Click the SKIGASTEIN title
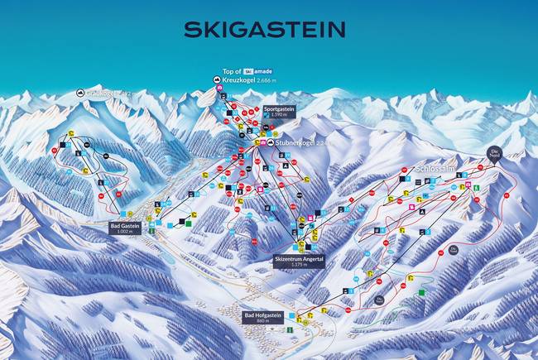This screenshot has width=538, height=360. point(264,30)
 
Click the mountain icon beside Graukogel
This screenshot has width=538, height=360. point(80,94)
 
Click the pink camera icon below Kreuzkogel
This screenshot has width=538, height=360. point(219,89)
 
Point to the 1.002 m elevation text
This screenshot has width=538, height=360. point(126,231)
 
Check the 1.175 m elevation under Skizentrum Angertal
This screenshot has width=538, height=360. point(300,265)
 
